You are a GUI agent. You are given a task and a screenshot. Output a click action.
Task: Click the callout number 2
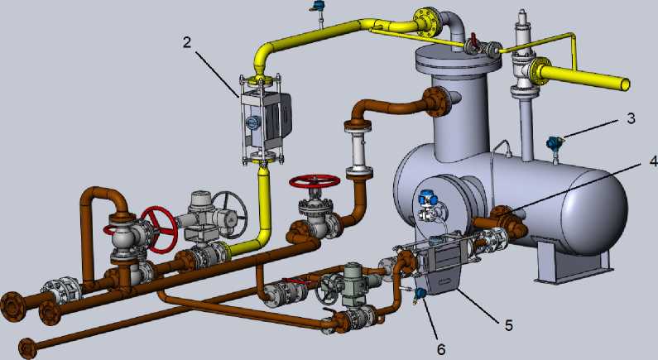(187, 42)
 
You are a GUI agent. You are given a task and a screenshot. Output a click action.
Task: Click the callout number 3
(631, 118)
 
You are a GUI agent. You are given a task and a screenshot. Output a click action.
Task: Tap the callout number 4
(653, 161)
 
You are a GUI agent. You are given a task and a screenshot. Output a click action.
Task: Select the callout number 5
(509, 324)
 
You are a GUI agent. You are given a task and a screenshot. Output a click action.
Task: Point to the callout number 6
(441, 349)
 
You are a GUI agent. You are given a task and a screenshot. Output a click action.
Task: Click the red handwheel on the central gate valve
(315, 181)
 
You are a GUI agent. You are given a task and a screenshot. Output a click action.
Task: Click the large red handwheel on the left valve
(159, 229)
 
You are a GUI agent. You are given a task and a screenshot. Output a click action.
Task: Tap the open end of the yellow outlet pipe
(625, 84)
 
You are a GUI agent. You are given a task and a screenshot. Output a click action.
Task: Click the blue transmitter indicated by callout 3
(555, 143)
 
